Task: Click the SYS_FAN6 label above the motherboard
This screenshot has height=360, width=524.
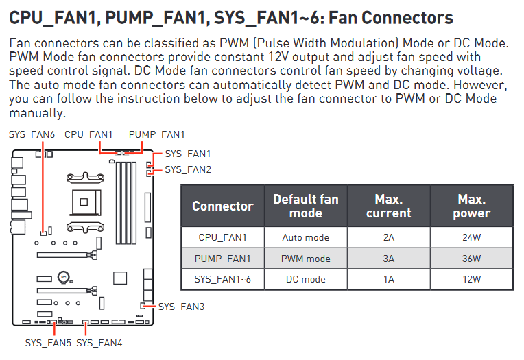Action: (x=32, y=135)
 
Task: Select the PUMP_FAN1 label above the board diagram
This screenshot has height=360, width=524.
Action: (x=156, y=135)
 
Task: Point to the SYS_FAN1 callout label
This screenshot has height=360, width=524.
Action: (x=188, y=154)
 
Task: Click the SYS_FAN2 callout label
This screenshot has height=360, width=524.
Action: (x=188, y=169)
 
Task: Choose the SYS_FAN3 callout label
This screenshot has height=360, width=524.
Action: (x=181, y=307)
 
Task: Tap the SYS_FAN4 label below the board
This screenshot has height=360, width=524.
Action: (x=99, y=342)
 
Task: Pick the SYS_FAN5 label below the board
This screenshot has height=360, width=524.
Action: (x=48, y=342)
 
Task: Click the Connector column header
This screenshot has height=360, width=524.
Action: (x=222, y=206)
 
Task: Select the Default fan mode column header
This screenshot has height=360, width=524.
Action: (x=305, y=206)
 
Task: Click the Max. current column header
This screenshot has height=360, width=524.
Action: (x=388, y=206)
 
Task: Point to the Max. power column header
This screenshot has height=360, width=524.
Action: (x=471, y=206)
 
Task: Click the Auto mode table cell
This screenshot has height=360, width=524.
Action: (x=305, y=238)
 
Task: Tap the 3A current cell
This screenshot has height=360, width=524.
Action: (x=388, y=259)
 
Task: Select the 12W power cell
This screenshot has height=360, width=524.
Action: (x=471, y=279)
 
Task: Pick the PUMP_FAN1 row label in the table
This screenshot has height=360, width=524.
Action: (x=222, y=259)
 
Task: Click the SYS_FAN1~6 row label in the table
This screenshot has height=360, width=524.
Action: (x=222, y=279)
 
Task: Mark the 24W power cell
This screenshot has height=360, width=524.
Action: (x=471, y=238)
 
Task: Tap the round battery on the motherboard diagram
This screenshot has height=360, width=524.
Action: (x=63, y=277)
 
